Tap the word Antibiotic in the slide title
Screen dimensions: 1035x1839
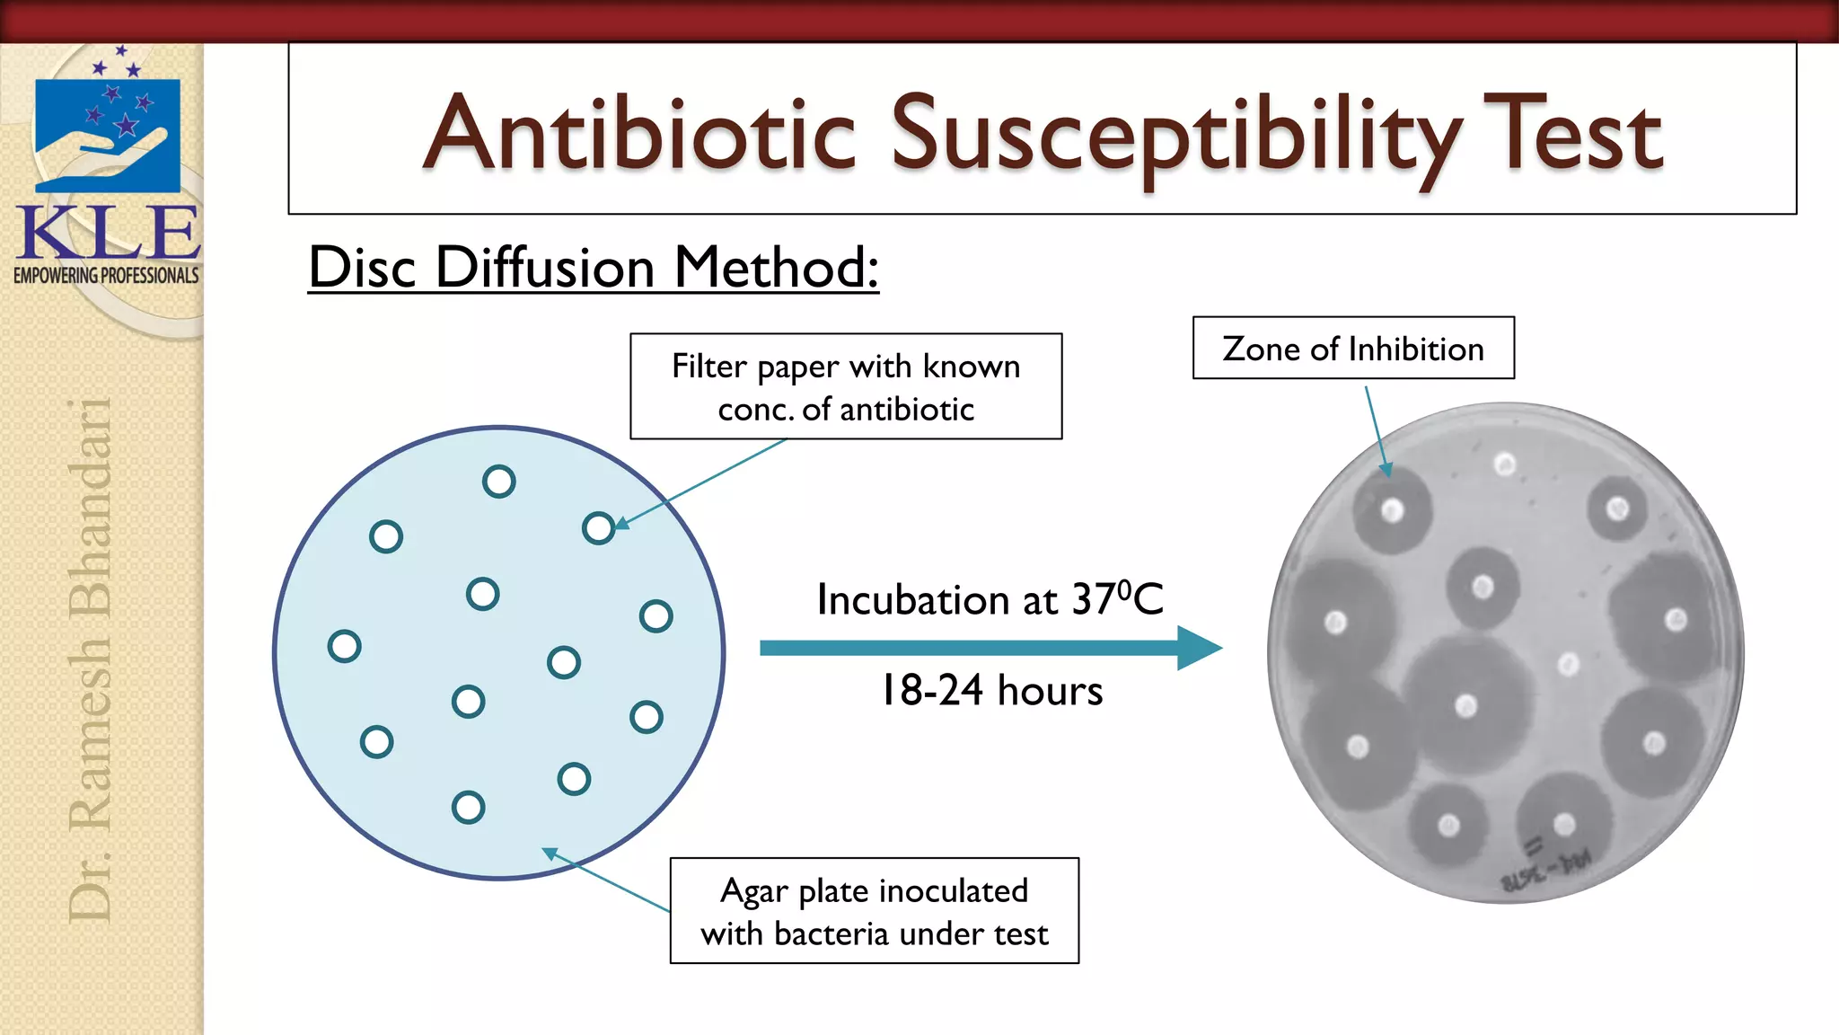639,135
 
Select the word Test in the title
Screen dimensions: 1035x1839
1572,135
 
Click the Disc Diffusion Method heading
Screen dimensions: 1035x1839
593,268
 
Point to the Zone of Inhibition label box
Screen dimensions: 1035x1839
1353,349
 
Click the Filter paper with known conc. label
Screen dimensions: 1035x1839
846,387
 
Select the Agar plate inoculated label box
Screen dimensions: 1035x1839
874,911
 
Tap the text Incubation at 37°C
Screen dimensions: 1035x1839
990,599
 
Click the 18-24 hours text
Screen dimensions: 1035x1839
991,691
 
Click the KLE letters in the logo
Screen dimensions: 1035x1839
108,233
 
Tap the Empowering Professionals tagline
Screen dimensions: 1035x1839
106,276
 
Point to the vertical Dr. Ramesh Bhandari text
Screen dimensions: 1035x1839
91,660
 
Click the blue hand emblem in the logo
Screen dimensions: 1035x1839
107,135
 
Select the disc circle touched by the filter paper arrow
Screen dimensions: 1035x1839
598,528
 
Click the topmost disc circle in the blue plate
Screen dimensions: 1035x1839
498,482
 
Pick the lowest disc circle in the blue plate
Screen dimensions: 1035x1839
468,807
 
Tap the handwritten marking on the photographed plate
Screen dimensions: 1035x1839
1544,868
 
